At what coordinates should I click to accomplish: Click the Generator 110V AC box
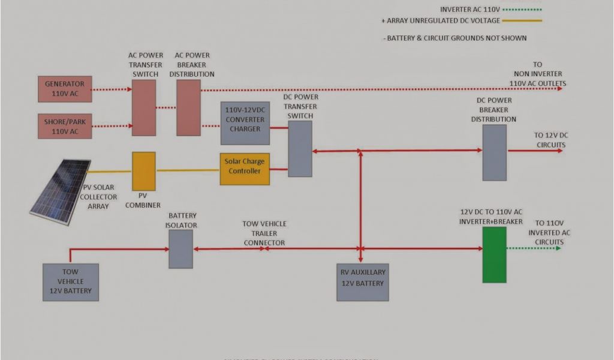(x=65, y=88)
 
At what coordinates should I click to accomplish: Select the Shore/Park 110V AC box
(x=65, y=126)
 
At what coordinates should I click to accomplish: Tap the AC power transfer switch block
(x=144, y=107)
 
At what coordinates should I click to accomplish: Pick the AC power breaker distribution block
(x=188, y=107)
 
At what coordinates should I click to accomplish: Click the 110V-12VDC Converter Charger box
(x=245, y=123)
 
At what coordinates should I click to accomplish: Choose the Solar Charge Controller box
(x=244, y=169)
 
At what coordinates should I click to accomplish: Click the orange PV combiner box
(x=144, y=171)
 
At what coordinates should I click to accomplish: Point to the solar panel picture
(x=60, y=192)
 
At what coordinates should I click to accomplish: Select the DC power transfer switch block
(x=300, y=149)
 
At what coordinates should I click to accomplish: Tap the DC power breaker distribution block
(x=495, y=152)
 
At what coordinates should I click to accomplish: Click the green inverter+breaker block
(x=495, y=254)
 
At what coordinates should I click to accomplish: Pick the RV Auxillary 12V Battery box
(x=362, y=282)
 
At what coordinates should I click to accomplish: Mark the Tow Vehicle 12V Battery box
(x=71, y=282)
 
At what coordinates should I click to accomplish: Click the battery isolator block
(x=180, y=248)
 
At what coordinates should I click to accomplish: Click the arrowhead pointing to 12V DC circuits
(x=559, y=151)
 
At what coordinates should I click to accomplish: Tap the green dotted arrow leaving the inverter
(x=534, y=248)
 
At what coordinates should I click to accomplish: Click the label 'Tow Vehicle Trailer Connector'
(x=264, y=233)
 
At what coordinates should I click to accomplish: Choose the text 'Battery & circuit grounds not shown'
(x=455, y=38)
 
